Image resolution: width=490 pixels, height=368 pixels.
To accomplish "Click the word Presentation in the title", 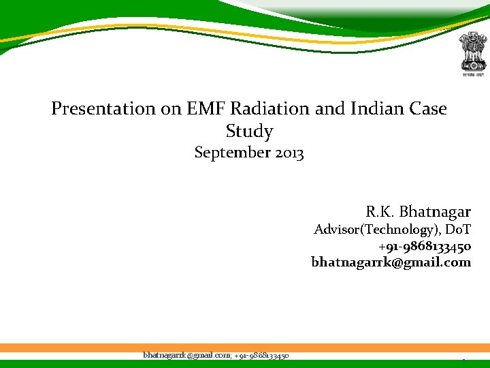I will click(94, 108).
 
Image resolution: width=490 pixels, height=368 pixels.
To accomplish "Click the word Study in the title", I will click(249, 131).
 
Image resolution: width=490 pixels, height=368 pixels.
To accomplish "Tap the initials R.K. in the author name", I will click(378, 212).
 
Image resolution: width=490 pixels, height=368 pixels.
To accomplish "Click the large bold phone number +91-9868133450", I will click(425, 246).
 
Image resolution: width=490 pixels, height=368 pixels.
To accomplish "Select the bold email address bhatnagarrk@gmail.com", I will click(391, 262).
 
